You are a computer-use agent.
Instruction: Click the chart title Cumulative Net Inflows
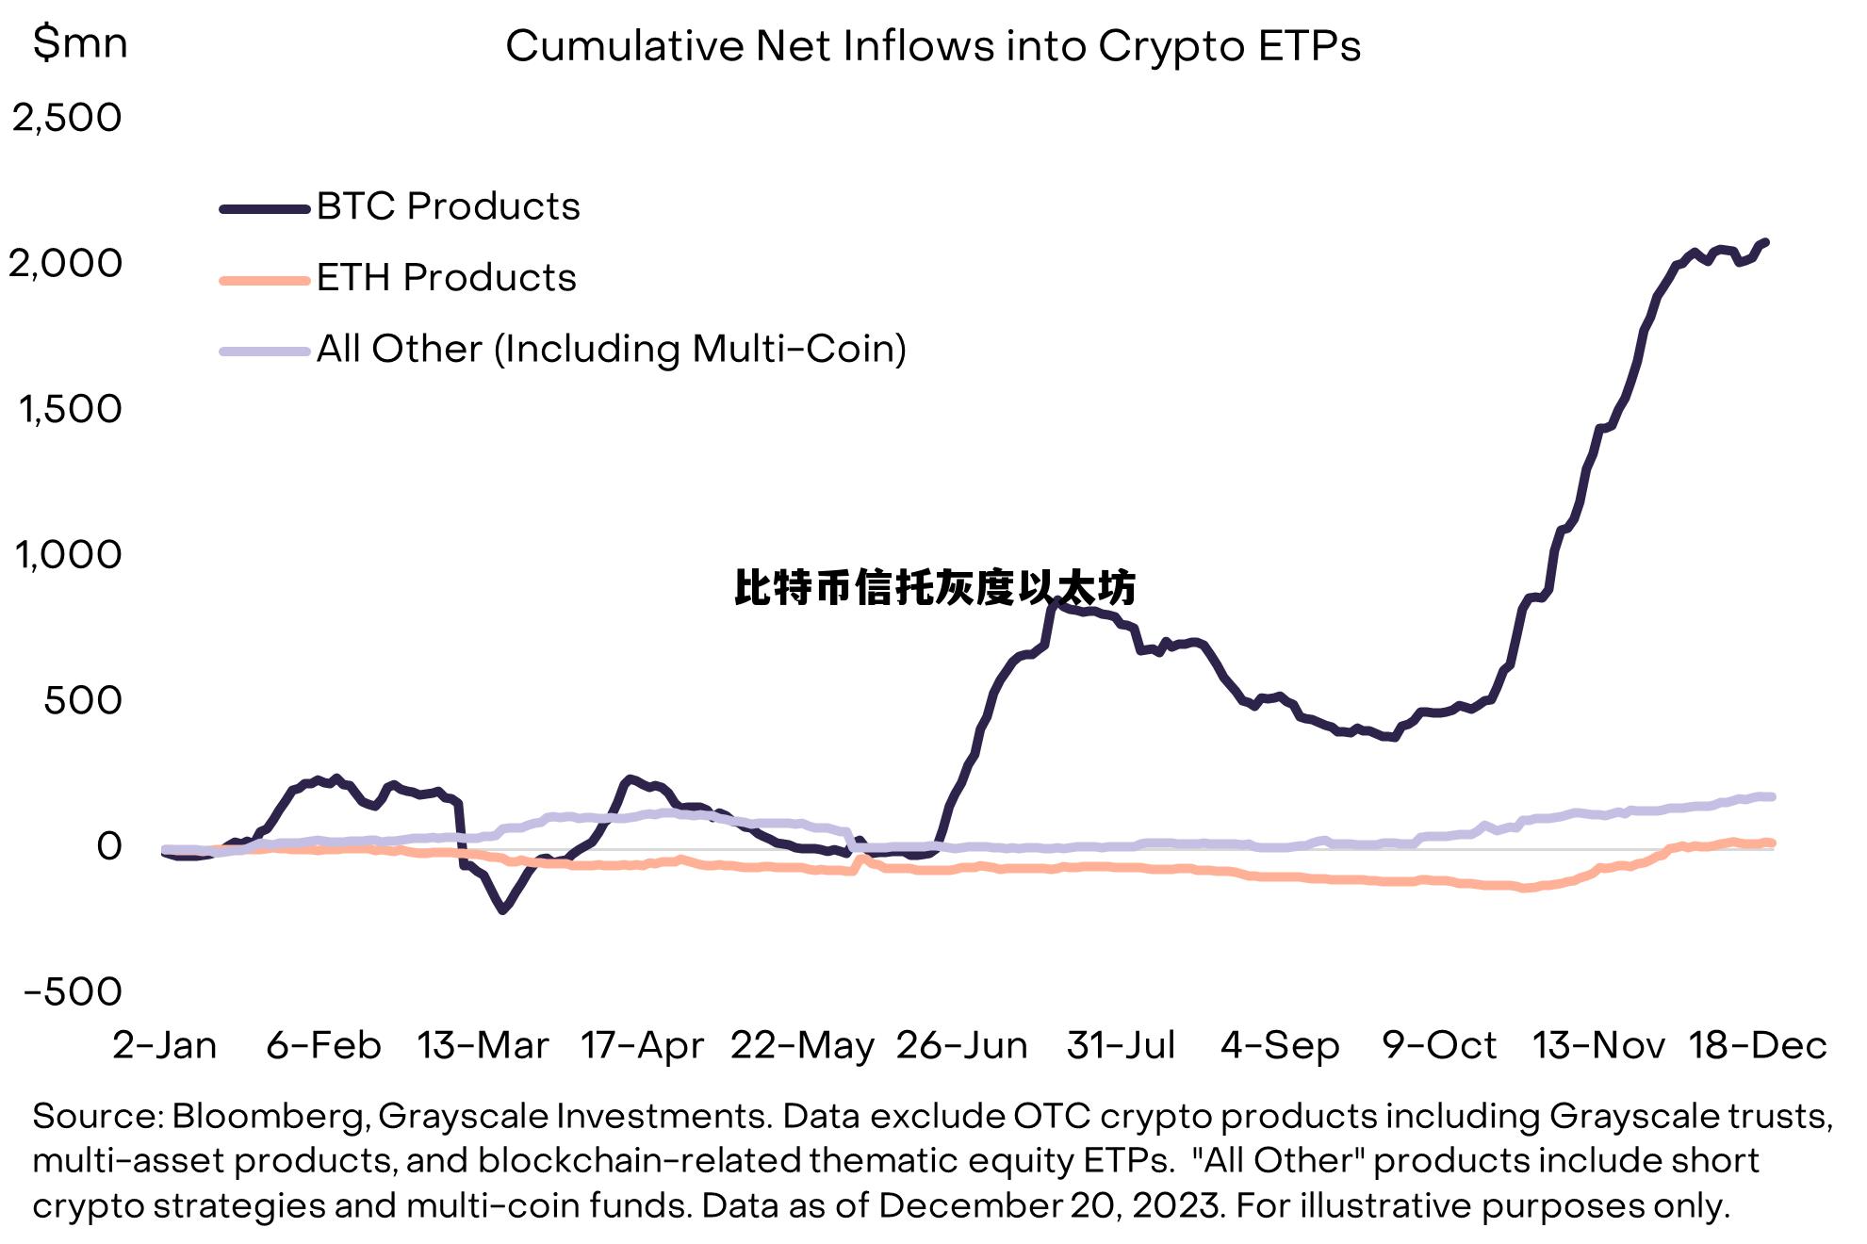[x=932, y=46]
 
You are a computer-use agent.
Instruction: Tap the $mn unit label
[x=79, y=42]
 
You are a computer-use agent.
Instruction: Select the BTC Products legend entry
[x=448, y=206]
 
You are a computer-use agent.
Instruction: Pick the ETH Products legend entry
[x=446, y=278]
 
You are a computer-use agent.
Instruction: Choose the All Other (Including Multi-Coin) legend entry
[x=611, y=349]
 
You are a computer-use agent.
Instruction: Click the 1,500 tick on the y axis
[x=70, y=409]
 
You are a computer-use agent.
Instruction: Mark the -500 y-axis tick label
[x=73, y=991]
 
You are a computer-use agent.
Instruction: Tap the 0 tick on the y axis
[x=109, y=846]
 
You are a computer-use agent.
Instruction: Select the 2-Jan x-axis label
[x=165, y=1045]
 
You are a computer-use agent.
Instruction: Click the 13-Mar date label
[x=483, y=1045]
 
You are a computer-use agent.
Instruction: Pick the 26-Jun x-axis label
[x=961, y=1045]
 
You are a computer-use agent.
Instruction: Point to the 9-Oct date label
[x=1439, y=1045]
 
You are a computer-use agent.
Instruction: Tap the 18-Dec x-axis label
[x=1758, y=1045]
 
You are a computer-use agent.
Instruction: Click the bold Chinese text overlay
[x=934, y=588]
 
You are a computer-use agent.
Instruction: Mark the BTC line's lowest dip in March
[x=502, y=909]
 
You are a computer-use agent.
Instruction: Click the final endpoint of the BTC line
[x=1764, y=243]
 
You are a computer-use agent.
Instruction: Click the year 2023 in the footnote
[x=1176, y=1205]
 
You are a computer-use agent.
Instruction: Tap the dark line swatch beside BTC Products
[x=264, y=209]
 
